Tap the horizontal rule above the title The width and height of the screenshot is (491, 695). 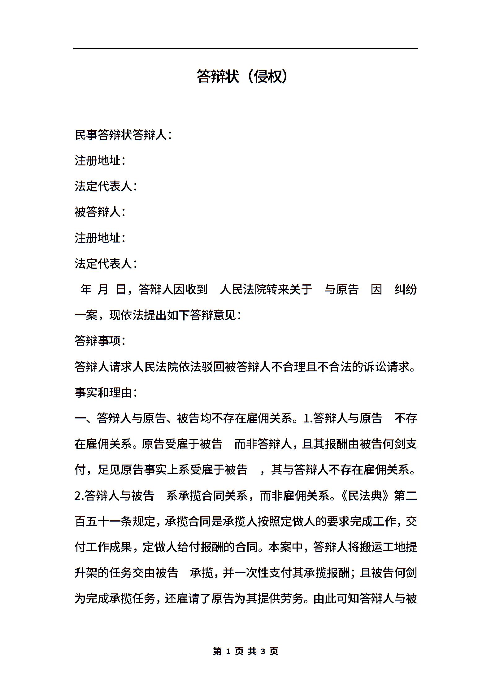pos(245,49)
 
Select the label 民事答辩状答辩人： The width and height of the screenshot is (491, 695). pos(123,135)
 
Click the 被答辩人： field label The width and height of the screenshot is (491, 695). pos(100,212)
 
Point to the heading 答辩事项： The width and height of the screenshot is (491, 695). pos(100,341)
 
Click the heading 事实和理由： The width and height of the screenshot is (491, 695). pos(106,393)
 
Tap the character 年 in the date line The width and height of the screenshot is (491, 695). pos(86,290)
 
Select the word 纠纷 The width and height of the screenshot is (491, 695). pos(406,290)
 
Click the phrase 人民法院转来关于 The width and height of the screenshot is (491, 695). pos(266,290)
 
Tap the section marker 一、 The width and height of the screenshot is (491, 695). pos(85,418)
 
